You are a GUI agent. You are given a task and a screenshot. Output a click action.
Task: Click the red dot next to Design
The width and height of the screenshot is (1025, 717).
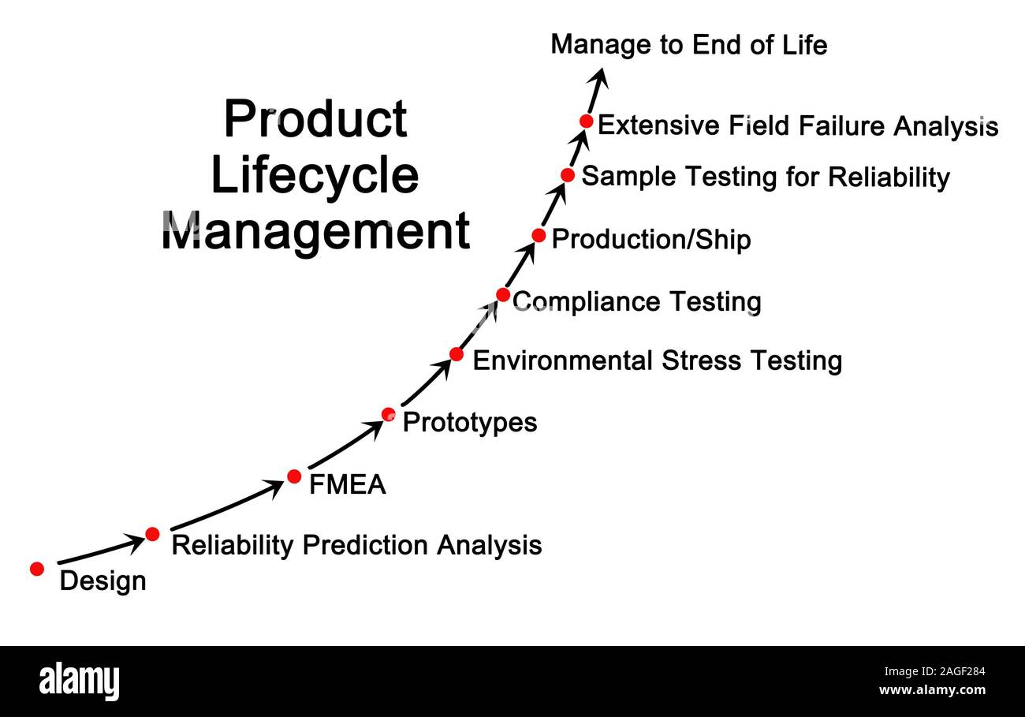tap(37, 569)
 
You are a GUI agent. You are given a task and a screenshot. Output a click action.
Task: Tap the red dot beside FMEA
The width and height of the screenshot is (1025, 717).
tap(294, 476)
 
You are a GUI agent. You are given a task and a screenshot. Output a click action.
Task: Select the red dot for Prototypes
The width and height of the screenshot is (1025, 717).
tap(389, 414)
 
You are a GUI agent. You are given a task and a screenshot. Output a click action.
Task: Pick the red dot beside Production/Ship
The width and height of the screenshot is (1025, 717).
tap(539, 235)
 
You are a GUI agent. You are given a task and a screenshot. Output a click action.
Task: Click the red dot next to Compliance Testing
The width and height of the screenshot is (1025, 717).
tap(503, 294)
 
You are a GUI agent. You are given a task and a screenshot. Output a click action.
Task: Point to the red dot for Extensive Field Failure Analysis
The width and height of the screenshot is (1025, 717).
tap(586, 121)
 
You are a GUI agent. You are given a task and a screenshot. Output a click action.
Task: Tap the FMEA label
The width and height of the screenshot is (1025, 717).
tap(347, 484)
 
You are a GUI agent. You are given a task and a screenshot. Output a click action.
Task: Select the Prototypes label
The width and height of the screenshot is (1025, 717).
tap(470, 423)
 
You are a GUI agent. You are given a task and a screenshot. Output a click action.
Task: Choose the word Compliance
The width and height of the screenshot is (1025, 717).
tap(586, 303)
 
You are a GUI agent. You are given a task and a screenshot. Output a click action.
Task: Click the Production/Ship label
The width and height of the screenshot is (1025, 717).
tap(651, 240)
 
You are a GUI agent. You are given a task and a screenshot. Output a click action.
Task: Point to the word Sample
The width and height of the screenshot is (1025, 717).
tap(628, 177)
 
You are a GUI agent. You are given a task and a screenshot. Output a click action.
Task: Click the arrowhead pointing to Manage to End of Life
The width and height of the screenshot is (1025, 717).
tap(601, 77)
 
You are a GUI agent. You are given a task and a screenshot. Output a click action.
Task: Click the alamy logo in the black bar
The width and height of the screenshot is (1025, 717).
tap(79, 681)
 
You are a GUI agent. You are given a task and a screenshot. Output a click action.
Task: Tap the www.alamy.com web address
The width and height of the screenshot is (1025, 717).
tap(932, 690)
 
